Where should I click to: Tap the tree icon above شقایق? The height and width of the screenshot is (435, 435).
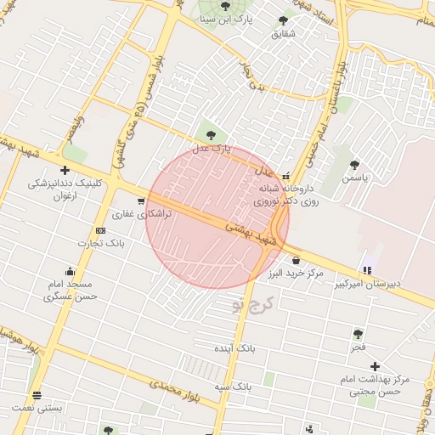click(x=283, y=20)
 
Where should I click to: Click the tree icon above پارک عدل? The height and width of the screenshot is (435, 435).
click(x=210, y=133)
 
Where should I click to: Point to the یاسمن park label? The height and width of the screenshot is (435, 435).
click(x=355, y=179)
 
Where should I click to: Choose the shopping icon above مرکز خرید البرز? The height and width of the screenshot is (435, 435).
click(x=295, y=260)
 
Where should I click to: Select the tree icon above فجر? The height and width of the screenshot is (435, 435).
click(x=358, y=334)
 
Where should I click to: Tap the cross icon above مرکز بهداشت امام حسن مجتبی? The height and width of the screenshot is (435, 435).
click(x=375, y=365)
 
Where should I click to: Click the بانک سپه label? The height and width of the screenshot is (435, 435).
click(x=233, y=387)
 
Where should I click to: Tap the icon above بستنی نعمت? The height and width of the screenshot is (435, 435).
click(x=37, y=396)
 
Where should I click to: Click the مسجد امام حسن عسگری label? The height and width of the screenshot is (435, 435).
click(x=71, y=290)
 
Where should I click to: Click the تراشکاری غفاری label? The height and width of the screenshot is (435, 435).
click(x=143, y=215)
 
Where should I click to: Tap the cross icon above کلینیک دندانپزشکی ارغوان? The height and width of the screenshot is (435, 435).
click(x=65, y=171)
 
